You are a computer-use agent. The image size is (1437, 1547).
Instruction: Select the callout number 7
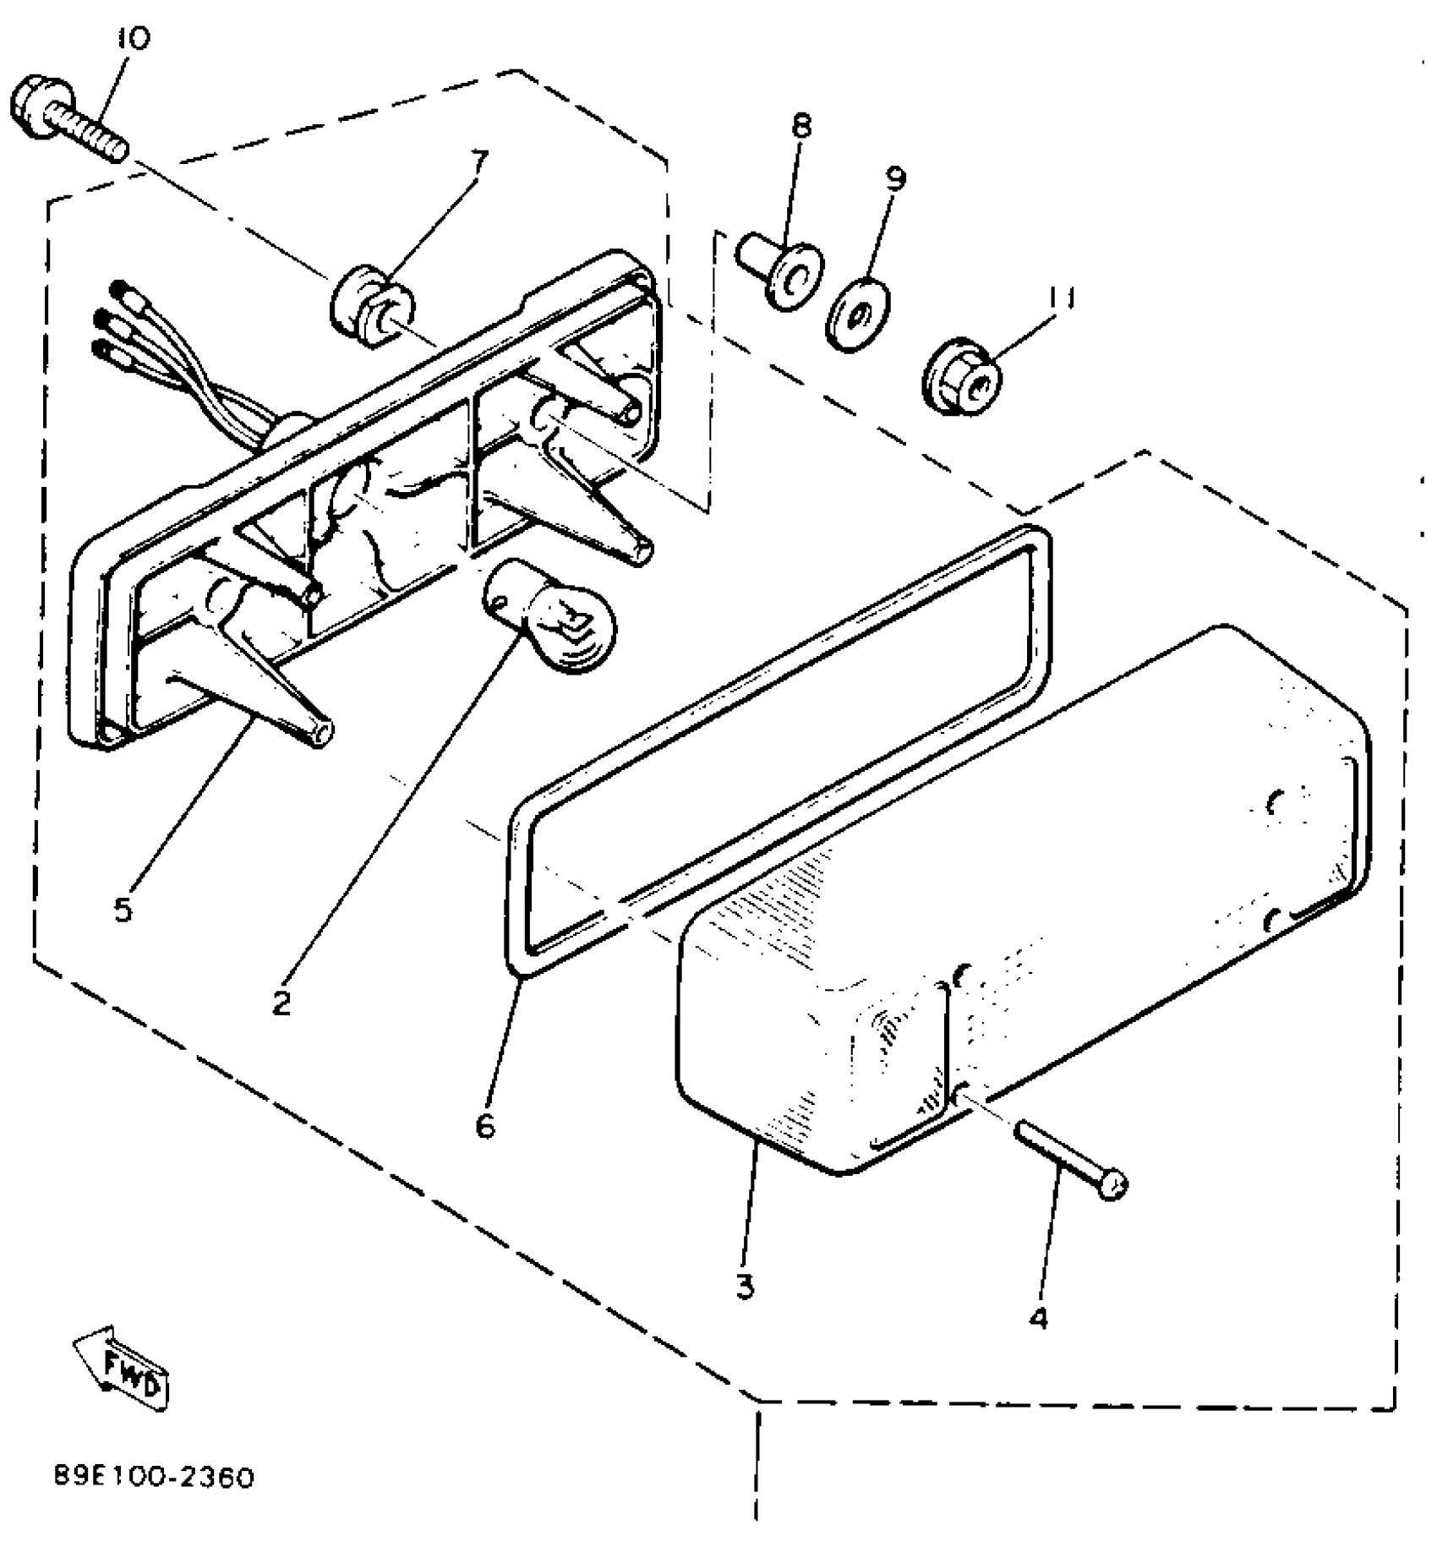[479, 161]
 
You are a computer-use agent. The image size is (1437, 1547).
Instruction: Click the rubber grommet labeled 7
[372, 305]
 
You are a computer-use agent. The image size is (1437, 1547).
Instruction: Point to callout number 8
[801, 127]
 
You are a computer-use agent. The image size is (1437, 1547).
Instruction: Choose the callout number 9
[896, 178]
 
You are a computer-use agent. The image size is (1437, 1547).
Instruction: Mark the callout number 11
[1061, 298]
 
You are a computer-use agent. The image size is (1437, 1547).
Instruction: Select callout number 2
[281, 1003]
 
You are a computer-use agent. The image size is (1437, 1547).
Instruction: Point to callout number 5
[123, 910]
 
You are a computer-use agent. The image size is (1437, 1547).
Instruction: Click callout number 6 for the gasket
[484, 1126]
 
